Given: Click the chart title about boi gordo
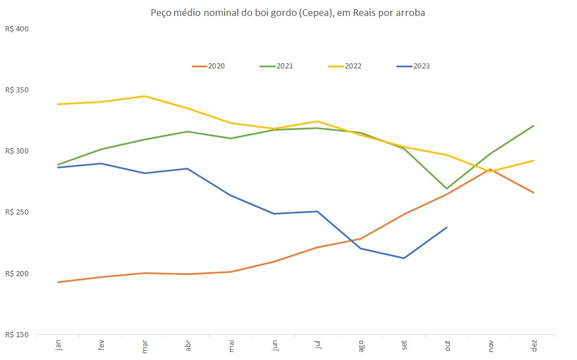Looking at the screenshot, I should [x=288, y=13].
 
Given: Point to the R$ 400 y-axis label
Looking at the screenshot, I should [x=17, y=29].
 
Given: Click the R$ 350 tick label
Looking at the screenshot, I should [x=17, y=90].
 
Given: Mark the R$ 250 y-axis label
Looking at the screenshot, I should [x=17, y=212].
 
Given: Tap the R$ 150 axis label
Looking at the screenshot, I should [x=17, y=334].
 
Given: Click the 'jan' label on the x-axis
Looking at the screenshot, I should [x=58, y=346].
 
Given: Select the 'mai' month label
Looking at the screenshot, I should [x=231, y=346].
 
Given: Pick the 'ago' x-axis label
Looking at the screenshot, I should [x=361, y=346].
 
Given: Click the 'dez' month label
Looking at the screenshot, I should [x=534, y=346].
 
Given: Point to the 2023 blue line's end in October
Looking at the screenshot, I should [x=447, y=227].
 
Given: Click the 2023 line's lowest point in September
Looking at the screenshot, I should [x=404, y=258].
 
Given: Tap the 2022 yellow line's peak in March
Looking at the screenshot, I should [x=145, y=96].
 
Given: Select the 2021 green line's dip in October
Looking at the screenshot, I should [x=447, y=188].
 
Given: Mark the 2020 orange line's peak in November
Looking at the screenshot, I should [x=490, y=169].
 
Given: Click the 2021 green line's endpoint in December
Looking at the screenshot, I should [x=534, y=126].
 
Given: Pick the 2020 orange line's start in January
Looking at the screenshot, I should [x=58, y=282].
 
